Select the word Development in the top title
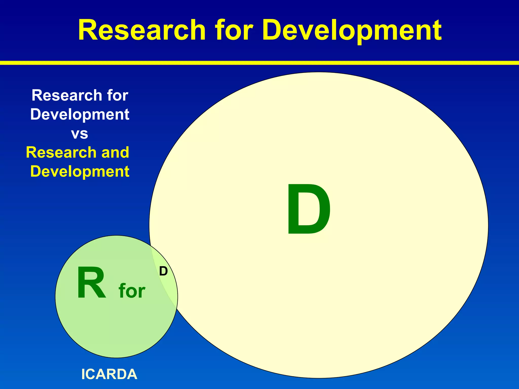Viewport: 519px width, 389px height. click(x=352, y=31)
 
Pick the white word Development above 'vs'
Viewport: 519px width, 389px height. click(x=80, y=114)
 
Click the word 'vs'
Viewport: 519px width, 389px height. click(x=80, y=134)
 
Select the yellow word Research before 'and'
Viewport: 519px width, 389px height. click(x=61, y=152)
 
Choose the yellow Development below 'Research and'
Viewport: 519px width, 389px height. click(x=80, y=171)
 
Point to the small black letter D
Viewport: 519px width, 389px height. click(x=163, y=271)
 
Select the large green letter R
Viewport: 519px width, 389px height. click(x=91, y=283)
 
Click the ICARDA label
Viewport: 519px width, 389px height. click(x=109, y=374)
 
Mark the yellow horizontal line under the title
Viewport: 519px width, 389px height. click(x=259, y=63)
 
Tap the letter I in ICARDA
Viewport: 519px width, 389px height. click(x=83, y=374)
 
